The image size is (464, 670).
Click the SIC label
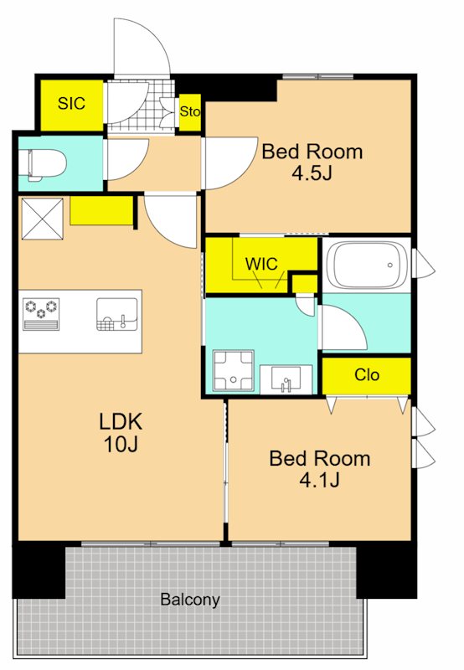pos(71,103)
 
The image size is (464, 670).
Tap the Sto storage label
pos(189,111)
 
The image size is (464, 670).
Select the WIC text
pos(261,264)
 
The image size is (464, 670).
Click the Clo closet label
pos(367,374)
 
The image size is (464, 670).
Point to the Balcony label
pos(190,600)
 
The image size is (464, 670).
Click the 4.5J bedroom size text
pos(312,173)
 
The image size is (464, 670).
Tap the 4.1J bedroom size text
pos(320,481)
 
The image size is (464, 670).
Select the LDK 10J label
pos(121,433)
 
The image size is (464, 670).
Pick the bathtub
pos(366,265)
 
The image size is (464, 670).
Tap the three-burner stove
pos(41,314)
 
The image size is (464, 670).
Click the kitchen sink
pos(117,314)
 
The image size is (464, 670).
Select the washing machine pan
pos(234,370)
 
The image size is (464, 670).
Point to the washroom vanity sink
pos(286,379)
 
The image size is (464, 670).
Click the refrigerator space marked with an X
pos(42,219)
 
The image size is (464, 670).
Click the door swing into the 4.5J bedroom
pos(229,162)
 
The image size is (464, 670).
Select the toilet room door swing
pos(127,159)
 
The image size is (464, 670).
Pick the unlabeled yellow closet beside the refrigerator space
pos(101,210)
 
